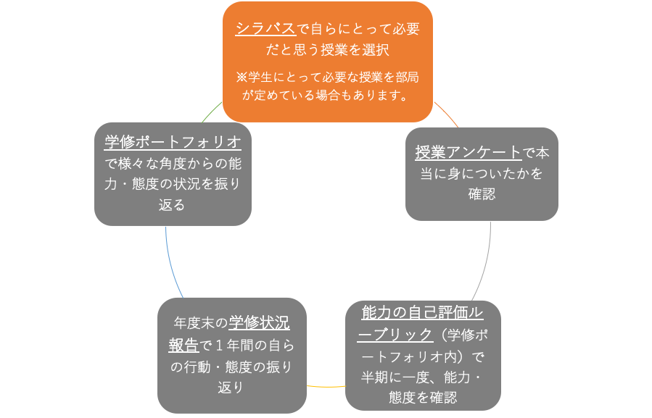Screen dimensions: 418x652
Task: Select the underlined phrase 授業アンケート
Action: tap(469, 153)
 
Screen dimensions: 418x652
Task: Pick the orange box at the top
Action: tap(327, 62)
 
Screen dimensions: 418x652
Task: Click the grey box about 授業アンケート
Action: tap(482, 174)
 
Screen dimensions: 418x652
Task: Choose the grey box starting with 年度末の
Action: tap(231, 355)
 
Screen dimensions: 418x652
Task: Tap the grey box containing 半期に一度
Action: tap(423, 355)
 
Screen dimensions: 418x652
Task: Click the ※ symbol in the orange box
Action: tap(242, 76)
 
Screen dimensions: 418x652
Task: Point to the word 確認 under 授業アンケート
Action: tap(482, 195)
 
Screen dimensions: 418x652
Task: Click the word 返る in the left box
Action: tap(173, 206)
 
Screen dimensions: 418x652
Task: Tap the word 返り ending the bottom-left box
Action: tap(231, 388)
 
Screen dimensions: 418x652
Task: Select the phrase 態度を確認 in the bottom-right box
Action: tap(423, 398)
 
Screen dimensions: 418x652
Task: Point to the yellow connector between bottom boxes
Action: tap(326, 386)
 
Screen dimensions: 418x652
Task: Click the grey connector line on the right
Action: tap(487, 261)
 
